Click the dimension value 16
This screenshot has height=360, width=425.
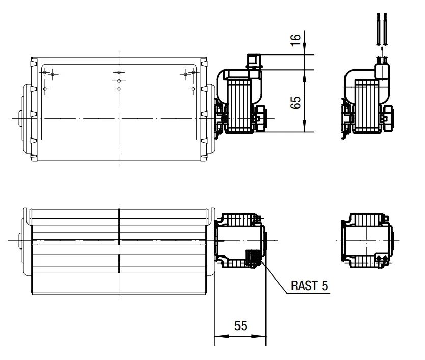296,40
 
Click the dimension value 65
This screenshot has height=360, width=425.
296,103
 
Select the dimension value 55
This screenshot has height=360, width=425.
241,326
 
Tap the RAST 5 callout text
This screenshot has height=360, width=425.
309,286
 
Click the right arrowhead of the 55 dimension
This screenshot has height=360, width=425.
259,336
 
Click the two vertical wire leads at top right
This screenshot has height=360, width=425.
382,29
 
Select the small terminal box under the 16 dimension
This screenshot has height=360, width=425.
254,61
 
